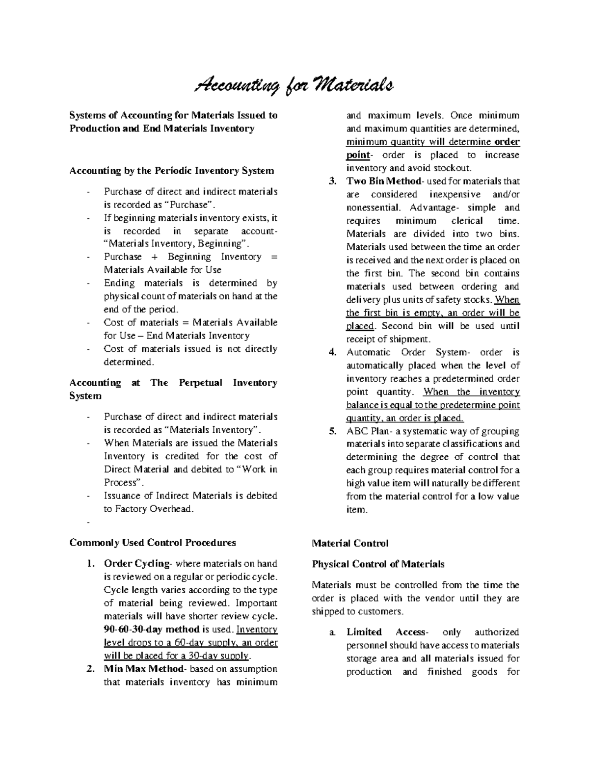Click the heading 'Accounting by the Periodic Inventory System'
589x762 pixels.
pos(172,171)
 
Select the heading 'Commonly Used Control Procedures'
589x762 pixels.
pos(153,542)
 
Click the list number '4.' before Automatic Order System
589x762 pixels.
pos(332,352)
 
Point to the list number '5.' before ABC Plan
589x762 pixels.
pos(332,431)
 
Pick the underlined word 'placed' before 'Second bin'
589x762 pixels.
pos(360,326)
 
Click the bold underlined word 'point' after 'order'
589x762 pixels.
pos(357,155)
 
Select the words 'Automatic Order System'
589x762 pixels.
pos(407,352)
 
